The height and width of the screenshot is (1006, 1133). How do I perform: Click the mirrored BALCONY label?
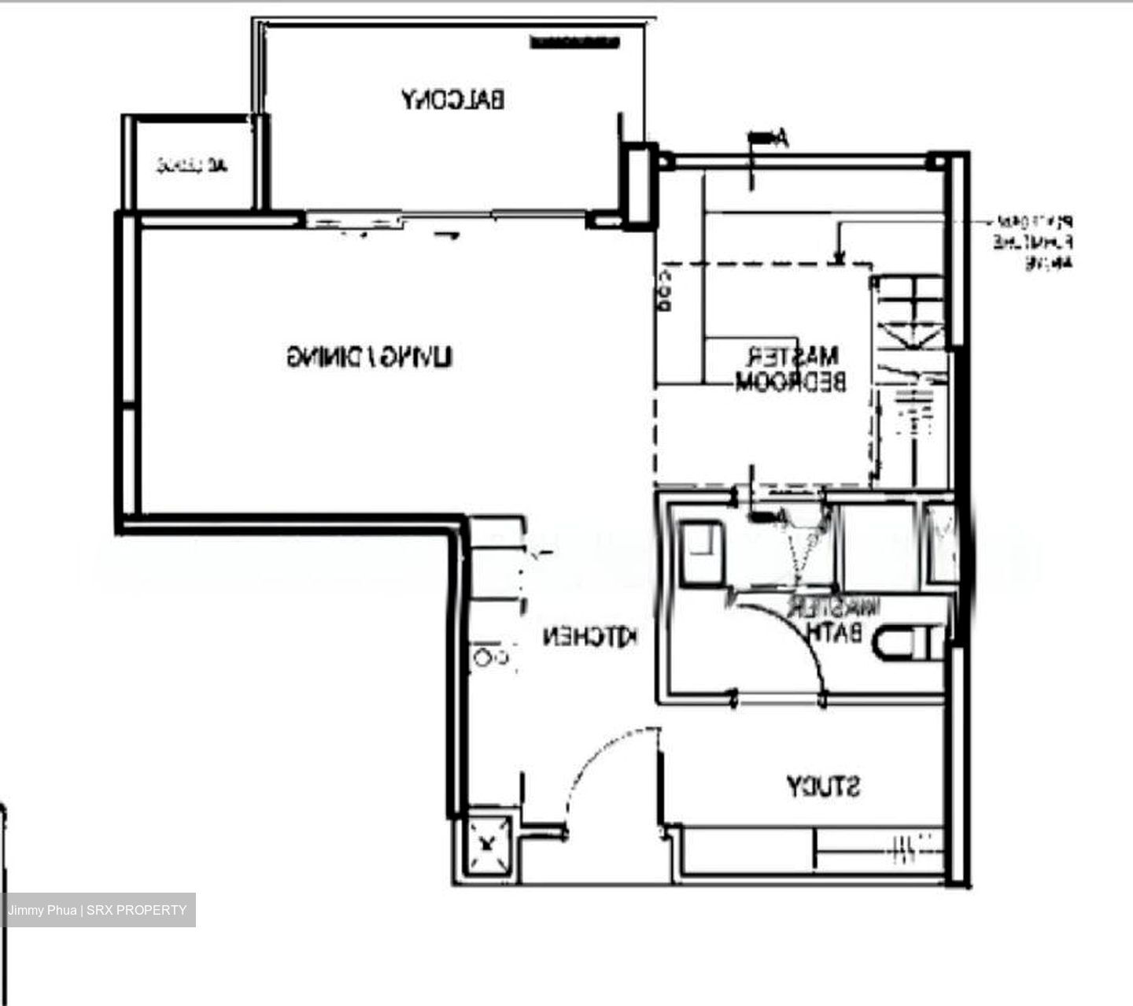[x=453, y=100]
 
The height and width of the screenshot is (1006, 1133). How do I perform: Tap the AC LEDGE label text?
[x=192, y=165]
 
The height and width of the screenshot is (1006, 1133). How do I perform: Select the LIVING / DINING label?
[x=369, y=357]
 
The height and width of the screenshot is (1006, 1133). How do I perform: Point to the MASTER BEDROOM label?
[x=790, y=369]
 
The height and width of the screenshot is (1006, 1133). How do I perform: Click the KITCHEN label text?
[x=590, y=637]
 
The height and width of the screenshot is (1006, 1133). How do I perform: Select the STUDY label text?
[x=824, y=786]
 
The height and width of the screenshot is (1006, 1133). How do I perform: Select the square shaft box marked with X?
[x=489, y=845]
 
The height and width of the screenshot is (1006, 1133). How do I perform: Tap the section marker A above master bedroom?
[x=767, y=139]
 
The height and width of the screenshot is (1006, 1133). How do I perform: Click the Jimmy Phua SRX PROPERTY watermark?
[x=98, y=910]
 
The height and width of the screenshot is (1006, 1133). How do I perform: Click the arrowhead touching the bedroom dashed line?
[x=839, y=257]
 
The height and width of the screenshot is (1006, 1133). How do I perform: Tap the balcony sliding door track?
[x=445, y=215]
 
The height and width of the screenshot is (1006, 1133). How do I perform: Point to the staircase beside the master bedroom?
[x=913, y=378]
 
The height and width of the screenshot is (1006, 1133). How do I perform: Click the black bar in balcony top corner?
[x=571, y=43]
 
